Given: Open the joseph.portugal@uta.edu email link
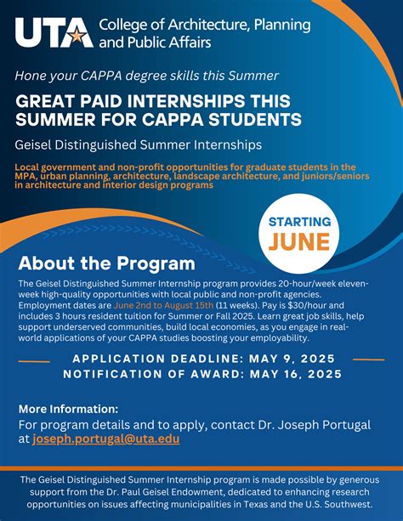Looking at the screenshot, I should click(x=105, y=439).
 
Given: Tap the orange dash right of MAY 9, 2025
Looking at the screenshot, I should click(x=366, y=359).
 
